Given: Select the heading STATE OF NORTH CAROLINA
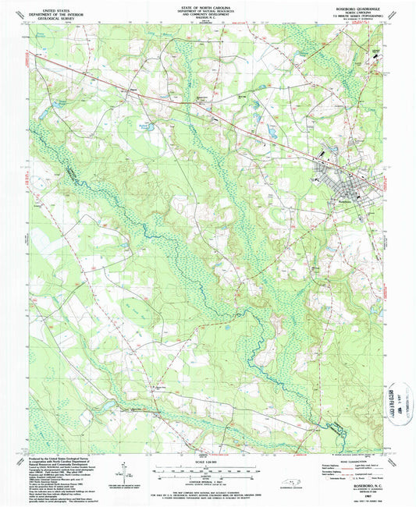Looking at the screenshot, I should (207, 5).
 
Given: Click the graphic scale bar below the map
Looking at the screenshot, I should (208, 470).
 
